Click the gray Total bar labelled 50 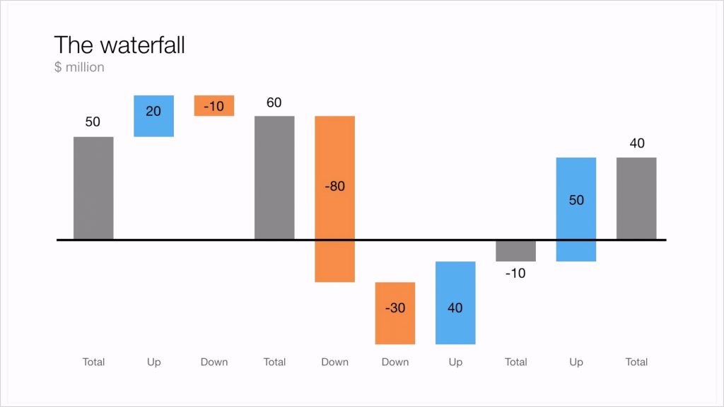[x=93, y=188]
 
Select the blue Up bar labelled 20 [x=153, y=116]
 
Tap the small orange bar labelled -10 [x=214, y=105]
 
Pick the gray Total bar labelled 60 [x=274, y=177]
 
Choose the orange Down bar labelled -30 [x=395, y=313]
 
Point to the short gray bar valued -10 [x=515, y=252]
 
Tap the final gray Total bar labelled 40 [x=636, y=199]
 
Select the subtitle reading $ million [x=79, y=67]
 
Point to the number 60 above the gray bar [x=274, y=103]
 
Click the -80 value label [x=334, y=187]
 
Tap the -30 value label [x=395, y=308]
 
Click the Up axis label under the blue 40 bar [x=455, y=362]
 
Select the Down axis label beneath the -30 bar [x=395, y=362]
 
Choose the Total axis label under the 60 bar [x=274, y=362]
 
